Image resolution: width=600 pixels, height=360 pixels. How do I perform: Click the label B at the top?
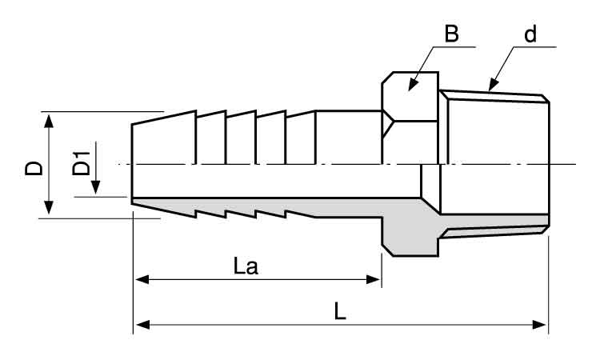(x=451, y=34)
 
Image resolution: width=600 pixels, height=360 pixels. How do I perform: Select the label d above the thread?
(x=530, y=34)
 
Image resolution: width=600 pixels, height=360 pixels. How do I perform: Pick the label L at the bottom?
(x=340, y=313)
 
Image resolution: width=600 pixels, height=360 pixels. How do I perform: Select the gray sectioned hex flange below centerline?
(x=410, y=232)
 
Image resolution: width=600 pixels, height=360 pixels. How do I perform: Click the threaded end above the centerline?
(x=496, y=128)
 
